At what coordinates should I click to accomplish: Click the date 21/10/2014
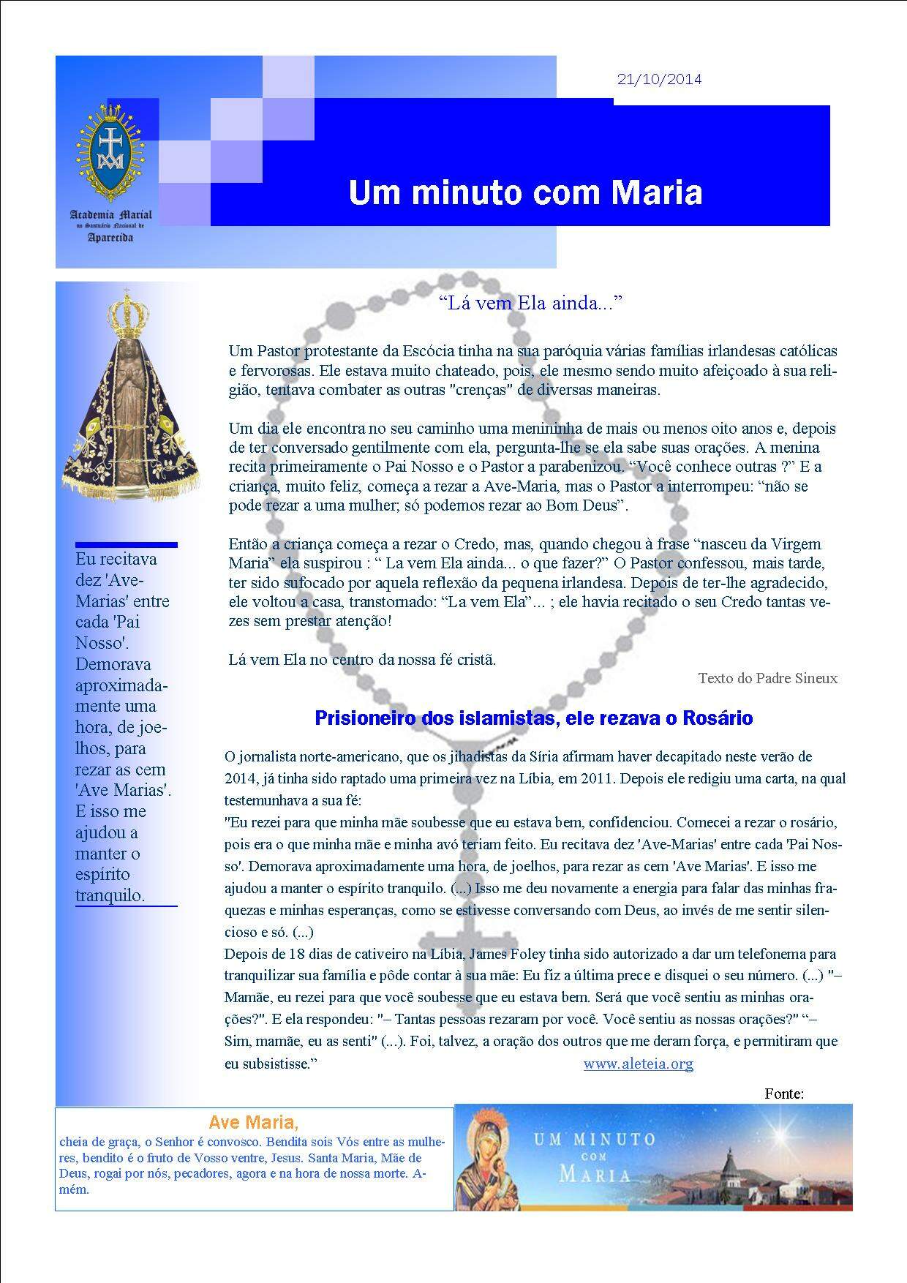tap(659, 80)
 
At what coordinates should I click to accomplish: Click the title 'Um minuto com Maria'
tap(525, 192)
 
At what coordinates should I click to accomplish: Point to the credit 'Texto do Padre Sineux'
tap(767, 678)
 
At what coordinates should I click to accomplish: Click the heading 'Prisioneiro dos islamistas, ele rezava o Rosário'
tap(533, 718)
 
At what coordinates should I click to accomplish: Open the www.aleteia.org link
tap(638, 1064)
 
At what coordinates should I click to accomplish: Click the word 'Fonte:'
tap(784, 1094)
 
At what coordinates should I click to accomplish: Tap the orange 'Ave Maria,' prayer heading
tap(253, 1122)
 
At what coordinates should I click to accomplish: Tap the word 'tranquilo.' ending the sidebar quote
tap(110, 896)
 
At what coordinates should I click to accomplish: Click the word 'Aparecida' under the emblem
tap(110, 238)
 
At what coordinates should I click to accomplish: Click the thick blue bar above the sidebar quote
tap(126, 545)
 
